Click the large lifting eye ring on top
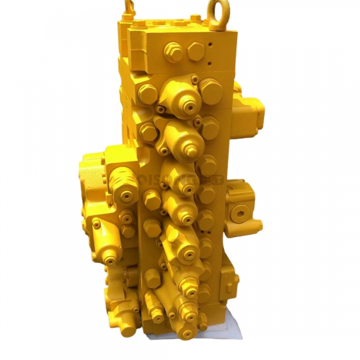(217, 12)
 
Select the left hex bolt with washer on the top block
(173, 52)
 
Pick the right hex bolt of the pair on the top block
(196, 51)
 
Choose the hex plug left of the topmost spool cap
(147, 93)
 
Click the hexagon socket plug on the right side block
(242, 210)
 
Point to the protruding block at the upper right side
(250, 111)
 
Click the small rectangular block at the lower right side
(230, 280)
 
